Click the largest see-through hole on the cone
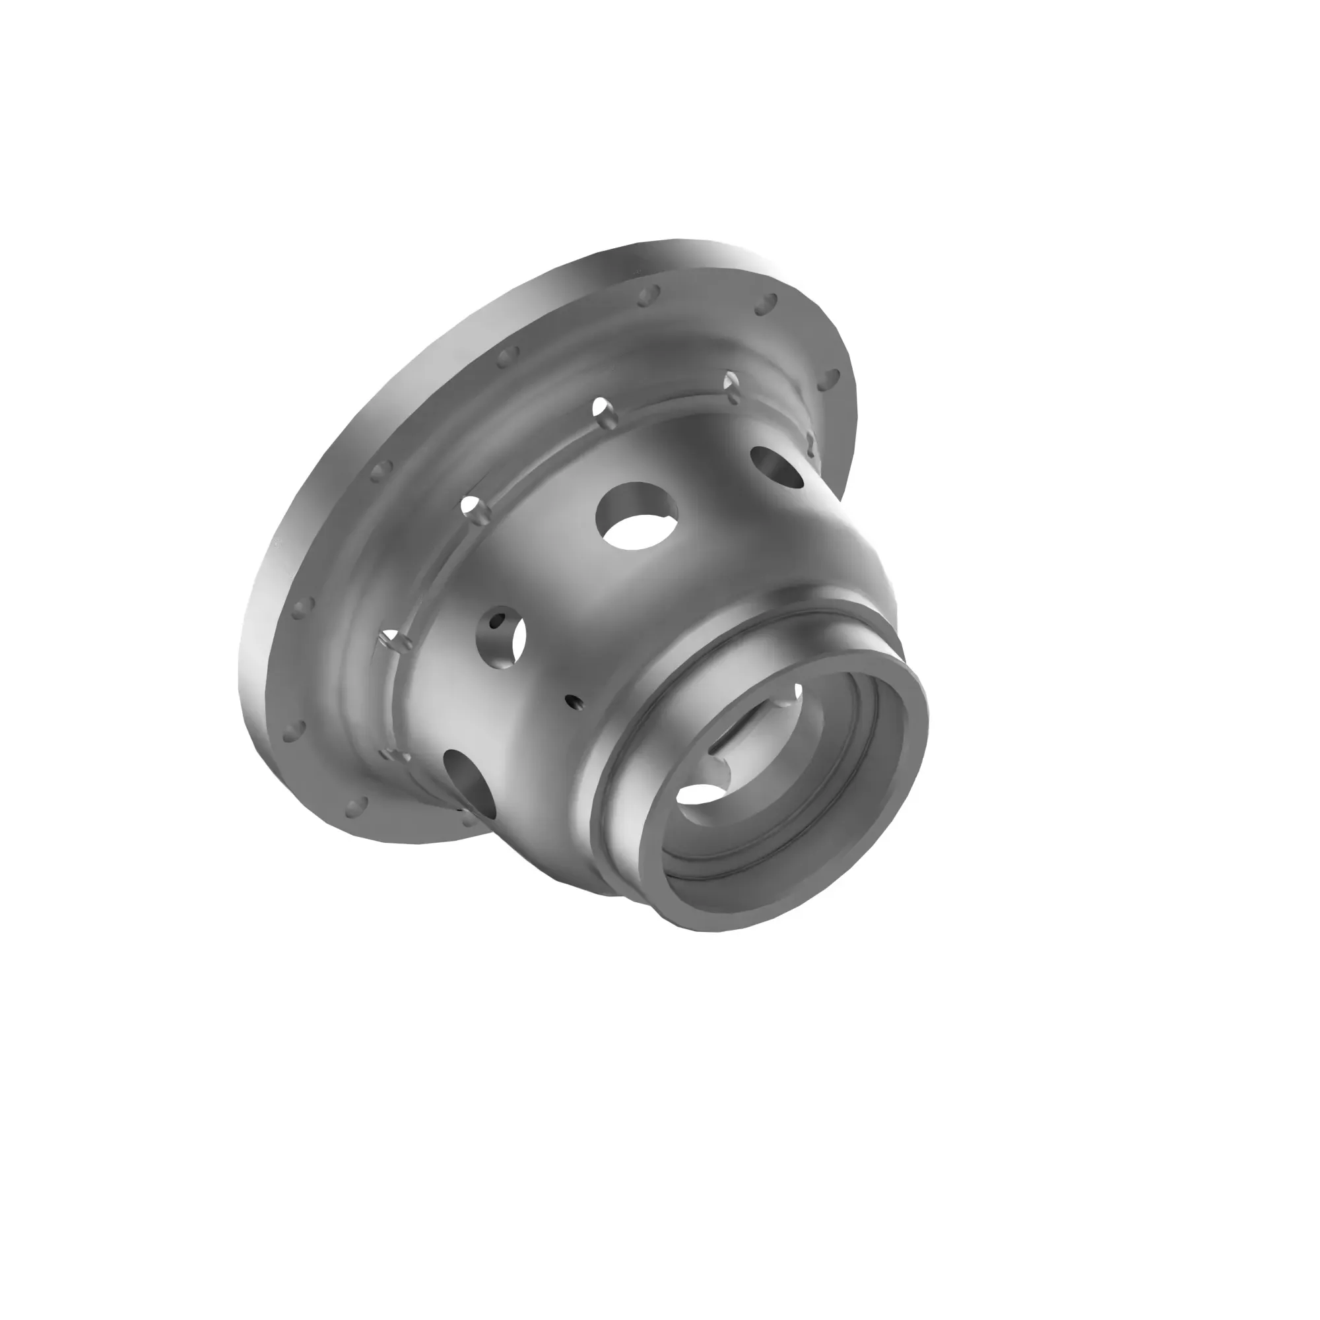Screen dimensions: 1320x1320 coord(637,517)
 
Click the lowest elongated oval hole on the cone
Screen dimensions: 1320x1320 coord(469,779)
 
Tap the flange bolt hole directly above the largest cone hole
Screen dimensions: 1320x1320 coord(647,295)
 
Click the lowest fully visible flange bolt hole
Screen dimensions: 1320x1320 coord(356,807)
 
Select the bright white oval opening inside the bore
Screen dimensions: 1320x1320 coord(704,793)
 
